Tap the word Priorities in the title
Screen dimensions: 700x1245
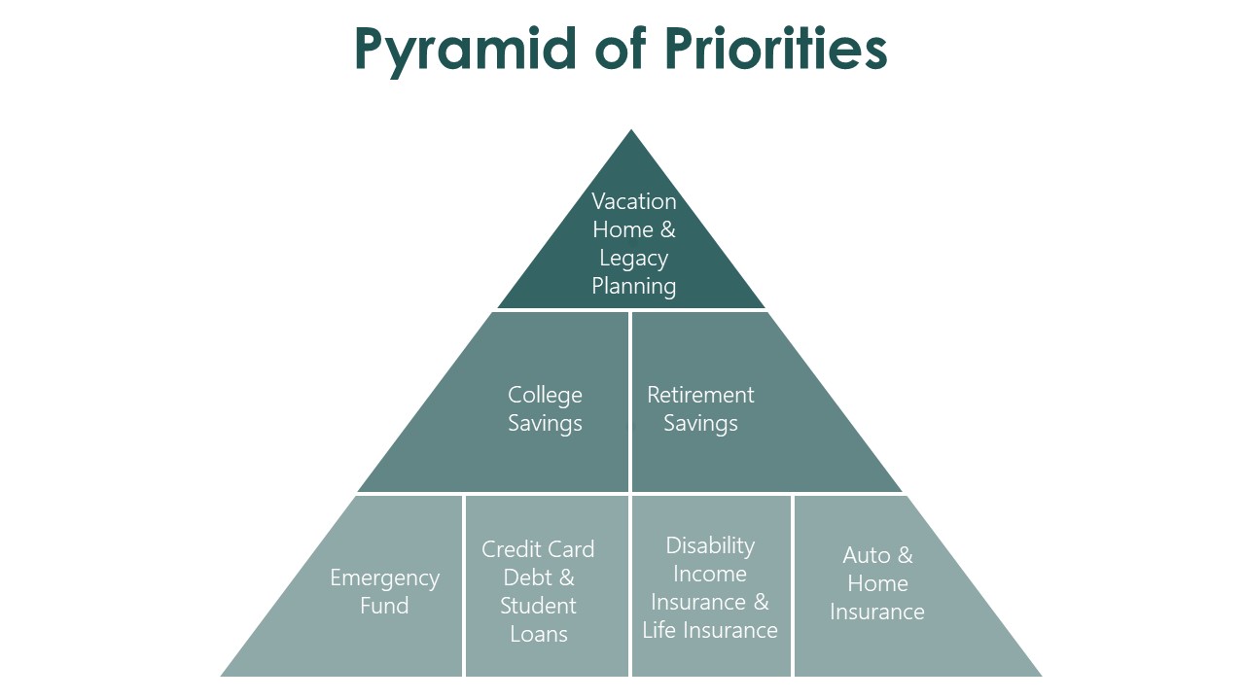776,49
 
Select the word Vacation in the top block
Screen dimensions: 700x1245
634,201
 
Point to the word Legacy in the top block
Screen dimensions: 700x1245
634,259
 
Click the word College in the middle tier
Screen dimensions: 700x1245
545,395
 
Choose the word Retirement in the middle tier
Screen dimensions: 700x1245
700,395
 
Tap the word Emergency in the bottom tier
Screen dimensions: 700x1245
384,578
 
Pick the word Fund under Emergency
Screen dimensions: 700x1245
384,606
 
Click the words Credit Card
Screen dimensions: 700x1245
538,549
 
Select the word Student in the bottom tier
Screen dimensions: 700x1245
538,606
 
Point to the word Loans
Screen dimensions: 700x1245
538,634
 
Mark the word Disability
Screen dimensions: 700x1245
710,545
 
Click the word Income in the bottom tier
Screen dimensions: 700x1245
710,574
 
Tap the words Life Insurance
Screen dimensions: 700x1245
710,630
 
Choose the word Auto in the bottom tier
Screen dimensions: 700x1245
867,555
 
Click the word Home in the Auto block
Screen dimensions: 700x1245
877,583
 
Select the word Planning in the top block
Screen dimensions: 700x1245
634,286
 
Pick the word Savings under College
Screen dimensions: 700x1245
545,423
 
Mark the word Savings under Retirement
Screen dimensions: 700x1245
700,423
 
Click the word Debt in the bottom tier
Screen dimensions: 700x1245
525,577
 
